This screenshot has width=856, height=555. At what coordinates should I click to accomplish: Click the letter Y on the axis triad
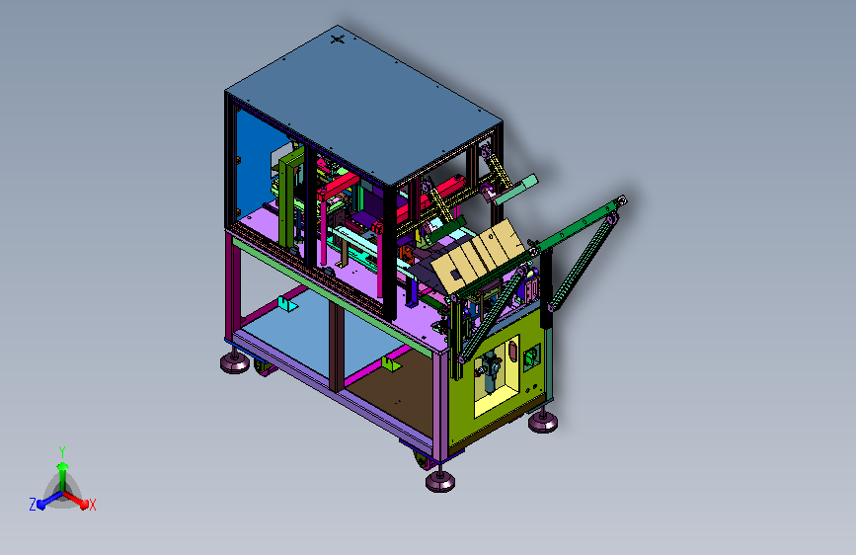click(x=62, y=451)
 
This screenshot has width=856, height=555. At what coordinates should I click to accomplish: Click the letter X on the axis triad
click(x=92, y=505)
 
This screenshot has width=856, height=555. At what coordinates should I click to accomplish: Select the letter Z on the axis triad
click(x=33, y=505)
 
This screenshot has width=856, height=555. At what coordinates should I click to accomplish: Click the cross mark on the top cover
click(x=338, y=39)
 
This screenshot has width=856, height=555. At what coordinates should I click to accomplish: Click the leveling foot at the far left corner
click(x=235, y=361)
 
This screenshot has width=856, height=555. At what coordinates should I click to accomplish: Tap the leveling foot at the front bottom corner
click(x=440, y=480)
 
